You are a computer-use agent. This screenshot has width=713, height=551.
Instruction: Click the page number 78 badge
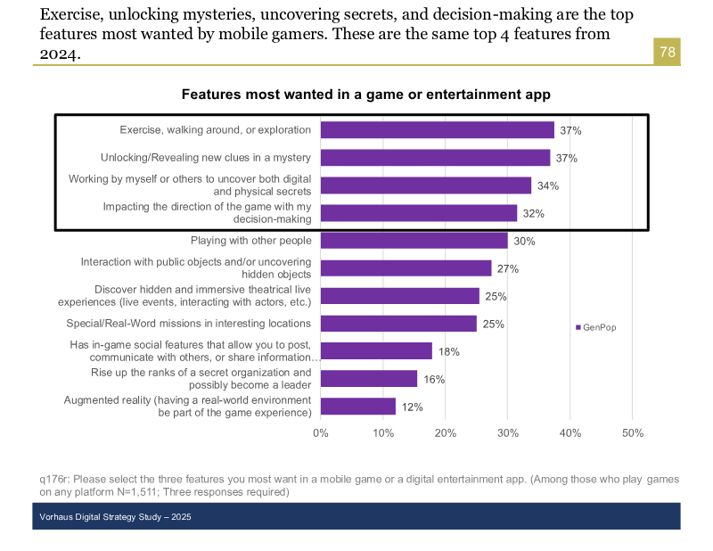(x=667, y=52)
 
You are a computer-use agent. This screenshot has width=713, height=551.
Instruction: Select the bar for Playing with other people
(x=414, y=241)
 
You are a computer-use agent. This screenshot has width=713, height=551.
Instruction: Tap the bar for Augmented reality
(x=357, y=407)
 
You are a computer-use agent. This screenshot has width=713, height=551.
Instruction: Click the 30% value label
(x=524, y=242)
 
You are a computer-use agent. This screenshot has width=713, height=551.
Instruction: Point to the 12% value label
(x=412, y=407)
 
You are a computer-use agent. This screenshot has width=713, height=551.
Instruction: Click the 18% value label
(x=448, y=352)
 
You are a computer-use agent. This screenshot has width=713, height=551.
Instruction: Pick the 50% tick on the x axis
(x=632, y=433)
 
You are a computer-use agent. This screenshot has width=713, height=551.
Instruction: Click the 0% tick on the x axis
(x=321, y=433)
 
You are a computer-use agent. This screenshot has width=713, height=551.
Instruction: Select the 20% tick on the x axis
(x=446, y=433)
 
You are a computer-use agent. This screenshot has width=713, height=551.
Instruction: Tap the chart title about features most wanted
(x=366, y=94)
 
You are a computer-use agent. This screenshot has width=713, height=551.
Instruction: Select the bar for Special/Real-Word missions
(x=398, y=324)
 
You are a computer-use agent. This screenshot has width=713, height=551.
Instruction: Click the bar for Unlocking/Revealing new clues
(x=435, y=158)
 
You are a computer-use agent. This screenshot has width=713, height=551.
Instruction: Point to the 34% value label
(x=548, y=186)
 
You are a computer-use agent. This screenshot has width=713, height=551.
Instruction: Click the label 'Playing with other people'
(x=250, y=241)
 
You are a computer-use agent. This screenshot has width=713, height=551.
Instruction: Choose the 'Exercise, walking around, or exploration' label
(x=216, y=130)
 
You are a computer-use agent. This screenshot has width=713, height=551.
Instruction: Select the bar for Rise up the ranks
(x=368, y=379)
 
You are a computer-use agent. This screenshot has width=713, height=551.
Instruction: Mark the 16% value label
(x=434, y=380)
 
